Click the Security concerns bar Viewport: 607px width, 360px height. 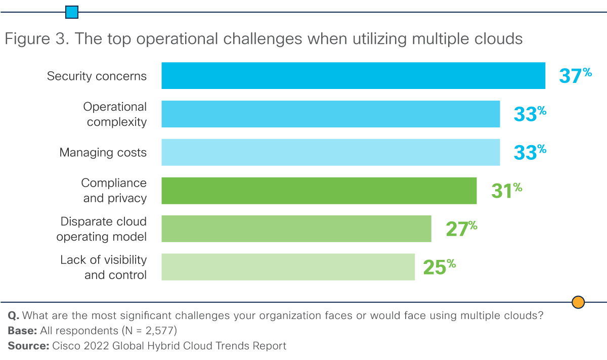[x=353, y=76]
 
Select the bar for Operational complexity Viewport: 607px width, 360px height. [x=330, y=114]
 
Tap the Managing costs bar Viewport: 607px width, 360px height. [x=330, y=152]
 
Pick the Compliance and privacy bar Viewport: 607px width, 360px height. [x=319, y=190]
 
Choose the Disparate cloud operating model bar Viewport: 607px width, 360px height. [x=296, y=229]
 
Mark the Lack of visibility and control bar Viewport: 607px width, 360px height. [x=288, y=267]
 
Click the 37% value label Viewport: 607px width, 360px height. [x=575, y=76]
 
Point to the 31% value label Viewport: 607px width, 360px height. [x=506, y=191]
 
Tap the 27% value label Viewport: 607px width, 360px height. [x=461, y=229]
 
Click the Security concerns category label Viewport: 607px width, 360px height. [x=97, y=76]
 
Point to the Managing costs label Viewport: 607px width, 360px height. [x=103, y=153]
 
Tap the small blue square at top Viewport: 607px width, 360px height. [x=72, y=12]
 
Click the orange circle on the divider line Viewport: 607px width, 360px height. [x=578, y=302]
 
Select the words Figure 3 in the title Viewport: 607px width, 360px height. [x=35, y=39]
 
